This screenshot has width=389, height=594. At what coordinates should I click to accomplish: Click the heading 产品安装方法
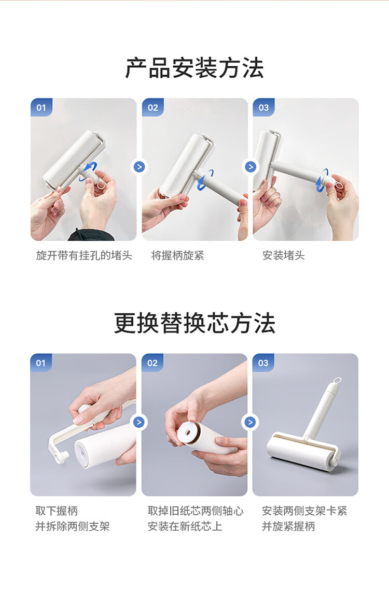click(195, 68)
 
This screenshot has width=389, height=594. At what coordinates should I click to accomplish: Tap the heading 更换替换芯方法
click(195, 323)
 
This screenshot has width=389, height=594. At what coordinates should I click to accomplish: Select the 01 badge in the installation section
click(41, 108)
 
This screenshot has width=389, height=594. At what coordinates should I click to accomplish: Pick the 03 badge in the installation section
click(264, 108)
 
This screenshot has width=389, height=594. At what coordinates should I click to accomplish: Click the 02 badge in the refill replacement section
click(152, 363)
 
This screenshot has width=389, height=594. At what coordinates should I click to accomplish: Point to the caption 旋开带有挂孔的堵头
click(84, 256)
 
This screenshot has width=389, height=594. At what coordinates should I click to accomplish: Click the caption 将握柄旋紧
click(177, 256)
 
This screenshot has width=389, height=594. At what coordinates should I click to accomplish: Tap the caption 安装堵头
click(284, 256)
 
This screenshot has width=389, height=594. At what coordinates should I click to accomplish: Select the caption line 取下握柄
click(57, 511)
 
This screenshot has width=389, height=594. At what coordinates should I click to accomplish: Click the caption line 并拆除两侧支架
click(73, 527)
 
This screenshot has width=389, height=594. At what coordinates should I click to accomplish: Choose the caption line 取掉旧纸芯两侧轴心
click(196, 511)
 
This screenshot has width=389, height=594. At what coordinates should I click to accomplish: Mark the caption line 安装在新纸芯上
click(185, 527)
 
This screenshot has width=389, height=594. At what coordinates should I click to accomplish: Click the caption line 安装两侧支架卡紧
click(304, 511)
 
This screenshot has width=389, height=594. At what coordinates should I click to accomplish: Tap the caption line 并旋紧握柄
click(288, 527)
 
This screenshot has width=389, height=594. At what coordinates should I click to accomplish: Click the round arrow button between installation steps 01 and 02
click(140, 167)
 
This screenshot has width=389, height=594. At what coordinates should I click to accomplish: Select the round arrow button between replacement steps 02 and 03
click(249, 422)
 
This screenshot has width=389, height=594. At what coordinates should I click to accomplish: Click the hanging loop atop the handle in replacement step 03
click(337, 380)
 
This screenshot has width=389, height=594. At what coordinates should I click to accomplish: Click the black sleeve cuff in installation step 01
click(91, 235)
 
